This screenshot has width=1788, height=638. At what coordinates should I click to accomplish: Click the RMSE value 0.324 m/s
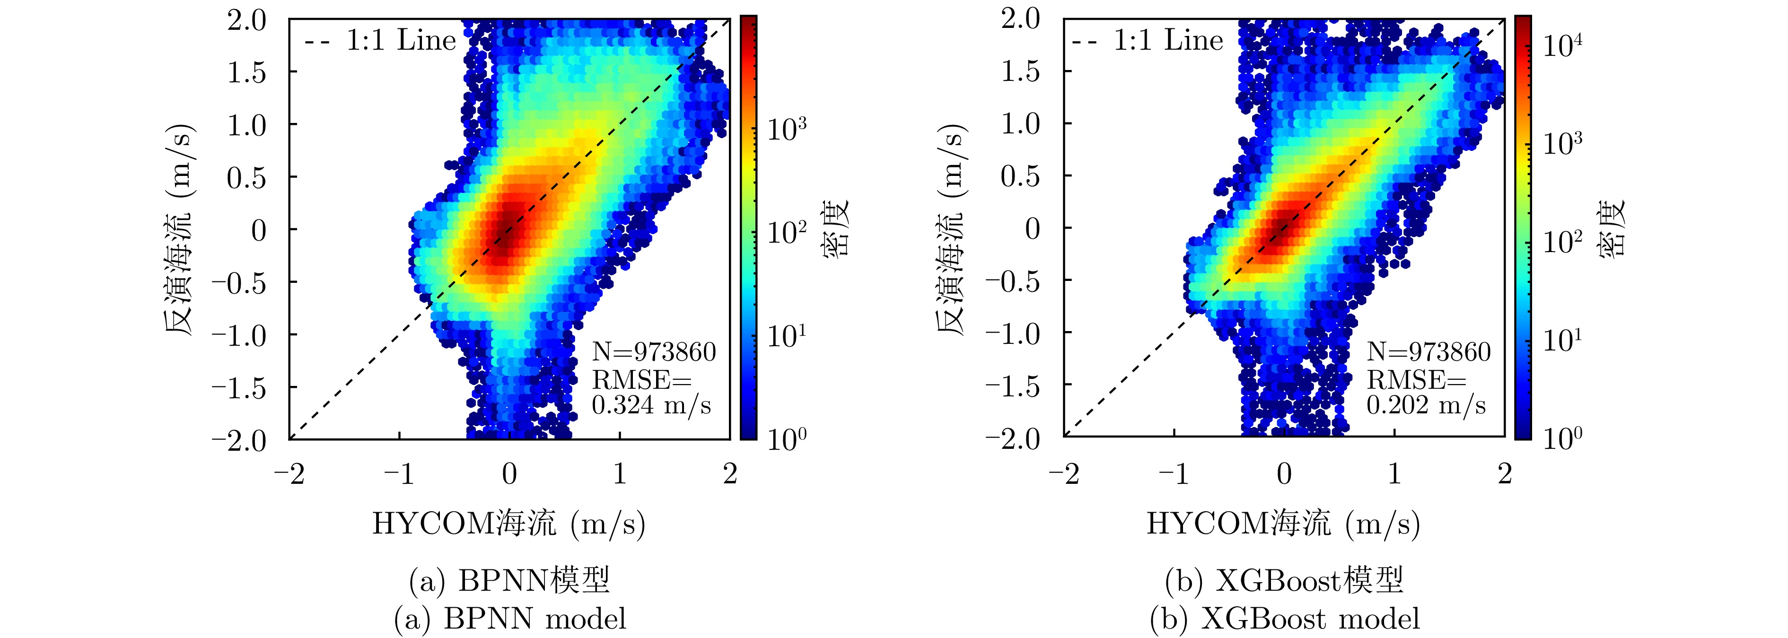click(651, 405)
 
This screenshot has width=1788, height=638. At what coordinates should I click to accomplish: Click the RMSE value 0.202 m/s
click(1426, 405)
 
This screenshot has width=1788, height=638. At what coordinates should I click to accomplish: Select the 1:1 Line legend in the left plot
click(380, 41)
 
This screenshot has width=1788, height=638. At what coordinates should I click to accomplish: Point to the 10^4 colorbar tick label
click(1562, 46)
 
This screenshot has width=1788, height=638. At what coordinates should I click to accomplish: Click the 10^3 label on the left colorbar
click(787, 129)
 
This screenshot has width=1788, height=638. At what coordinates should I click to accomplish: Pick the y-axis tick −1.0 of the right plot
click(1013, 334)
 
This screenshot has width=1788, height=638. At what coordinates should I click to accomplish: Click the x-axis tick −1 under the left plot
click(399, 474)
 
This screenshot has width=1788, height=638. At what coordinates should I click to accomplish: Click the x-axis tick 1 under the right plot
click(1394, 474)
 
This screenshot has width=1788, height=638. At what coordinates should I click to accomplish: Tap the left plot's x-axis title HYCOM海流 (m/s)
click(509, 524)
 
